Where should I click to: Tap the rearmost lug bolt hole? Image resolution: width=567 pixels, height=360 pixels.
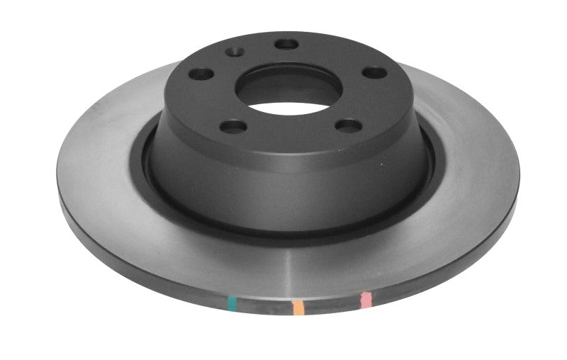click(286, 45)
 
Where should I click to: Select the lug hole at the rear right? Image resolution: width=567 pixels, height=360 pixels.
click(374, 72)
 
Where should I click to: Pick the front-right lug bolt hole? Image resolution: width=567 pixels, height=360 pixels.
click(348, 125)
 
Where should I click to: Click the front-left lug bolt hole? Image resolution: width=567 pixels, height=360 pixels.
click(232, 127)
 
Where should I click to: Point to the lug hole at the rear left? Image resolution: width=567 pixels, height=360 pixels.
click(202, 74)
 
